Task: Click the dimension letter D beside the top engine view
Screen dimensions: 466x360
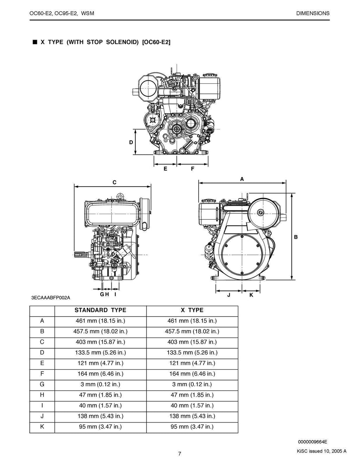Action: pyautogui.click(x=131, y=142)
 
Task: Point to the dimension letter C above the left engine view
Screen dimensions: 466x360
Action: pyautogui.click(x=114, y=182)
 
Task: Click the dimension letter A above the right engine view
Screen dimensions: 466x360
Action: pyautogui.click(x=242, y=179)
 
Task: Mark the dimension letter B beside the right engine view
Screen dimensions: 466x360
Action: pyautogui.click(x=296, y=237)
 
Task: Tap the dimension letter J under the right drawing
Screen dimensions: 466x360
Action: pyautogui.click(x=229, y=295)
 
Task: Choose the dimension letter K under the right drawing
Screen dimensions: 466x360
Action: pyautogui.click(x=251, y=295)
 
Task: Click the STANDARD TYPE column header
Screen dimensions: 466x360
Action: pyautogui.click(x=100, y=310)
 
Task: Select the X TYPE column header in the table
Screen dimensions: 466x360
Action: pyautogui.click(x=192, y=310)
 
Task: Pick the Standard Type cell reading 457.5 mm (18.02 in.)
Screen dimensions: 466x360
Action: pyautogui.click(x=100, y=331)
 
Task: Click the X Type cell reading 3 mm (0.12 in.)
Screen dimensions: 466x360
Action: pyautogui.click(x=192, y=384)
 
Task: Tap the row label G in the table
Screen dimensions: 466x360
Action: pyautogui.click(x=42, y=384)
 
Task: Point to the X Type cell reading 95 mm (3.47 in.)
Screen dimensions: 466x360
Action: pyautogui.click(x=192, y=427)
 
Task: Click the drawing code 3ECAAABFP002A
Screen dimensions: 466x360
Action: pyautogui.click(x=51, y=298)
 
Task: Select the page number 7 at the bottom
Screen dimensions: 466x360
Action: pyautogui.click(x=180, y=454)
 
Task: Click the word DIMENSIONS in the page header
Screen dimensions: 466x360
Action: pyautogui.click(x=313, y=13)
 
